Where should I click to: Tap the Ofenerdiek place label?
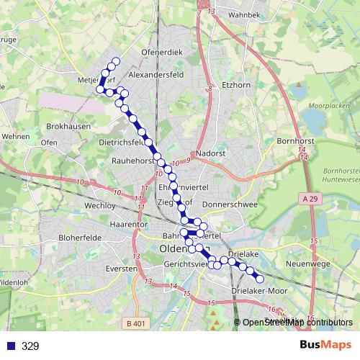[163, 53]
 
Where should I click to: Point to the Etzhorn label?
[235, 84]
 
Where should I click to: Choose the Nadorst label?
[211, 153]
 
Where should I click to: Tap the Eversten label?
[120, 268]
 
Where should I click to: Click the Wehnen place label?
[15, 135]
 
